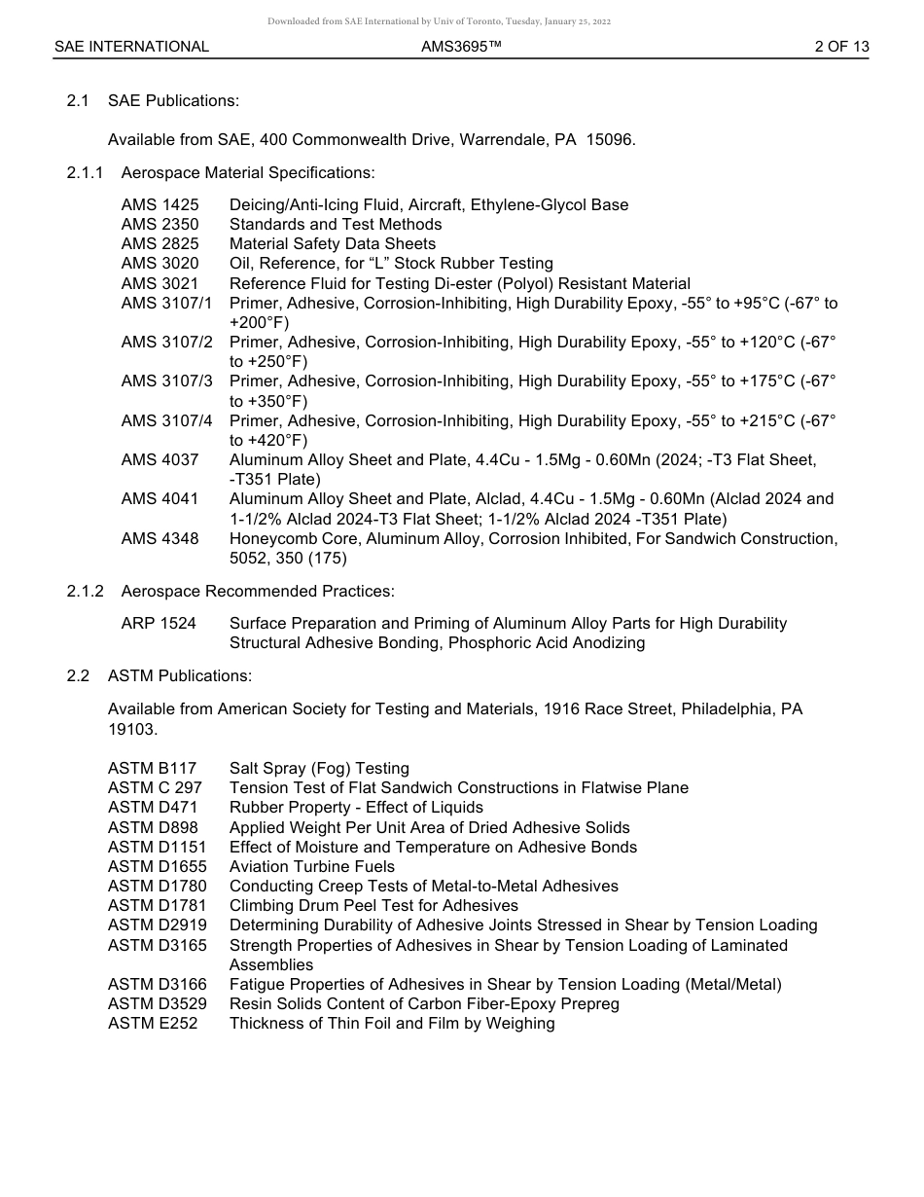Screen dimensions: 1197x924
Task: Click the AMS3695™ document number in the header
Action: point(461,47)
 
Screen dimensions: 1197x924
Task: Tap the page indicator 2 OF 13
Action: point(841,47)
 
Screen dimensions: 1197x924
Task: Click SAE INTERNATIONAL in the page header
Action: point(131,47)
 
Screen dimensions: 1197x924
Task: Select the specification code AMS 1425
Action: point(160,204)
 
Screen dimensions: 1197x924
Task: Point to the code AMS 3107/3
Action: point(166,381)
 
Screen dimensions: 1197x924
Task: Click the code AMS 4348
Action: point(160,538)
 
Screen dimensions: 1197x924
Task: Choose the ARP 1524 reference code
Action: point(159,623)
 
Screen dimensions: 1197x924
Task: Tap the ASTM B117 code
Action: point(152,769)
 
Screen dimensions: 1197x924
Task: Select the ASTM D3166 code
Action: point(157,984)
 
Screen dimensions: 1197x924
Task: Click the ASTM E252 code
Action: point(152,1023)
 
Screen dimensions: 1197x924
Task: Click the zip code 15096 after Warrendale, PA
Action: point(612,139)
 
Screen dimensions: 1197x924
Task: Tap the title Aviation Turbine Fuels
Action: point(312,866)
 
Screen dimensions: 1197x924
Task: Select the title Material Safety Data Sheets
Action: point(333,243)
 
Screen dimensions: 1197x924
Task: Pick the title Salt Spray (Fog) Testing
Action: point(319,769)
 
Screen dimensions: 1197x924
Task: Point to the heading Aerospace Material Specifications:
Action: point(247,172)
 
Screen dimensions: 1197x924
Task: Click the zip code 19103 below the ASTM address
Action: point(130,729)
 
